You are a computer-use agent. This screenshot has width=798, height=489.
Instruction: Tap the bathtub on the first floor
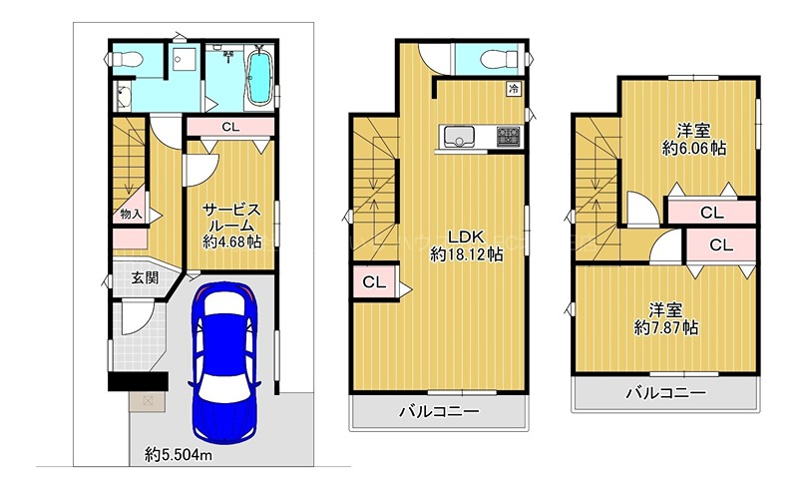tap(260, 76)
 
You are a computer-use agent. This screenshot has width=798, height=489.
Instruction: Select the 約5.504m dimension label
tap(179, 454)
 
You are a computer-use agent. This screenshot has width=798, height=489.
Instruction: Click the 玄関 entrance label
tap(145, 278)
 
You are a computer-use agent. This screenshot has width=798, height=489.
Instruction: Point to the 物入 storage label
tap(131, 215)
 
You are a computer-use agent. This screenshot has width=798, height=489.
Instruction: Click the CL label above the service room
tap(230, 127)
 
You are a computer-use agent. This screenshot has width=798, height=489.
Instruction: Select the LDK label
tap(466, 237)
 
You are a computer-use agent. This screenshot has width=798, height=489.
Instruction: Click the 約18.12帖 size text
tap(466, 253)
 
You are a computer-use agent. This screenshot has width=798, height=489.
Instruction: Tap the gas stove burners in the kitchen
tap(509, 137)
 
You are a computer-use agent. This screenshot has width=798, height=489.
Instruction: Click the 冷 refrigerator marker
tap(514, 89)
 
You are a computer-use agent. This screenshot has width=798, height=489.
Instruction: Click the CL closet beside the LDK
tap(375, 282)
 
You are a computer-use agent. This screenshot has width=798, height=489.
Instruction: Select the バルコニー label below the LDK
tap(439, 411)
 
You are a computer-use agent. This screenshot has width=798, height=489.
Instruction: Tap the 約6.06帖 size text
tap(694, 149)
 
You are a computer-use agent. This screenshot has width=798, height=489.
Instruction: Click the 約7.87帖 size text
tap(666, 327)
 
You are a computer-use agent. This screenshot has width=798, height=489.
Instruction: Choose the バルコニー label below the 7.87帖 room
tap(666, 393)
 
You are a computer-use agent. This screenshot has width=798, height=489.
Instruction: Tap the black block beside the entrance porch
tap(138, 381)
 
